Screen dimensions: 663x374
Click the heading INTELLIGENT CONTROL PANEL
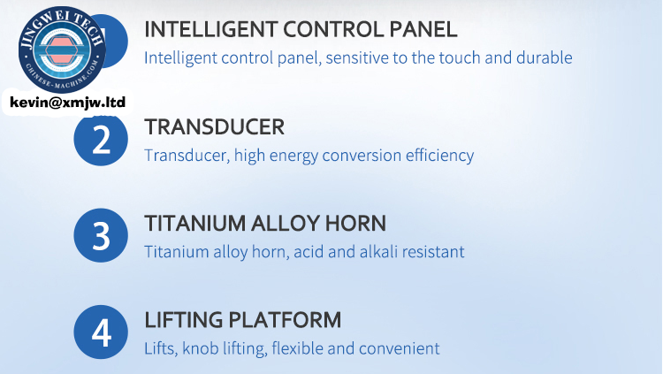pyautogui.click(x=301, y=29)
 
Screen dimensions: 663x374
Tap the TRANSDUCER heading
pyautogui.click(x=215, y=127)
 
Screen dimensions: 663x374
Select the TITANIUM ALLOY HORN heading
pyautogui.click(x=265, y=224)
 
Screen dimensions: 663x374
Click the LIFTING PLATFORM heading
pyautogui.click(x=243, y=320)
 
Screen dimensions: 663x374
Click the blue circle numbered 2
pyautogui.click(x=101, y=139)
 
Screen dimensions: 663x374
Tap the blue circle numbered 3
pyautogui.click(x=101, y=235)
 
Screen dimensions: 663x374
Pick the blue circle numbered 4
pyautogui.click(x=101, y=332)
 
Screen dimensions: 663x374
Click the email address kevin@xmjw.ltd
pyautogui.click(x=68, y=103)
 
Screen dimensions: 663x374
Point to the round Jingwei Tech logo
pyautogui.click(x=62, y=50)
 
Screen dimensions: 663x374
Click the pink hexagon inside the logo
pyautogui.click(x=62, y=50)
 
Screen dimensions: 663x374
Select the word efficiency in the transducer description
pyautogui.click(x=439, y=156)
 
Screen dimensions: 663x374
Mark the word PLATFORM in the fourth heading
pyautogui.click(x=285, y=320)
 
